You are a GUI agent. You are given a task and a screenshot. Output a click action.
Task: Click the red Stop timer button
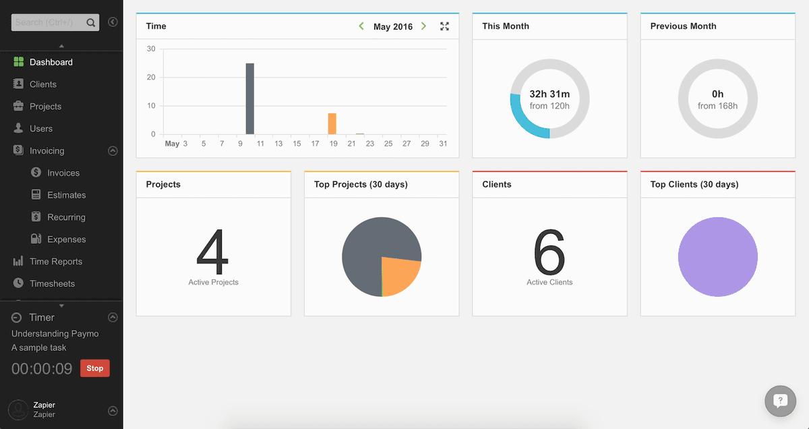[94, 368]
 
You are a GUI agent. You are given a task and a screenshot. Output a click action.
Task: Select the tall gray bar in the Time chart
[250, 98]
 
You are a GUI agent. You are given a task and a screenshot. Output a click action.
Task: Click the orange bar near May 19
[332, 123]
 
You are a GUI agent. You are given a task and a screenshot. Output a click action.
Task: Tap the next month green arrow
[423, 26]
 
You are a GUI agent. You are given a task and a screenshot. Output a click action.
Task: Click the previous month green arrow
[361, 26]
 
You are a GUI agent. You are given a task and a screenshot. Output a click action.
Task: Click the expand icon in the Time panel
[444, 26]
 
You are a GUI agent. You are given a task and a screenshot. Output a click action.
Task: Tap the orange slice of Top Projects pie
[399, 275]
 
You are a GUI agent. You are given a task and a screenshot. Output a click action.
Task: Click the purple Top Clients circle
[718, 257]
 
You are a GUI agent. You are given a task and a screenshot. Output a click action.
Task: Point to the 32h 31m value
[549, 94]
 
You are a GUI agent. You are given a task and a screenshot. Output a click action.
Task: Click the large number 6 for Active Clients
[549, 252]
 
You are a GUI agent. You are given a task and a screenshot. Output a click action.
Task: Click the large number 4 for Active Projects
[213, 252]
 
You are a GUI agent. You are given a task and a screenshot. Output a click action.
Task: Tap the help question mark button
[781, 401]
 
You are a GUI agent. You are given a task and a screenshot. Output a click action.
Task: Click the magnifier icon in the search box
[90, 22]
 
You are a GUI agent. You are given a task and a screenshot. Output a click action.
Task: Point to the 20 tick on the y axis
[151, 77]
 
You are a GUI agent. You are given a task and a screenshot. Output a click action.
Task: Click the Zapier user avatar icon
[18, 410]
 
